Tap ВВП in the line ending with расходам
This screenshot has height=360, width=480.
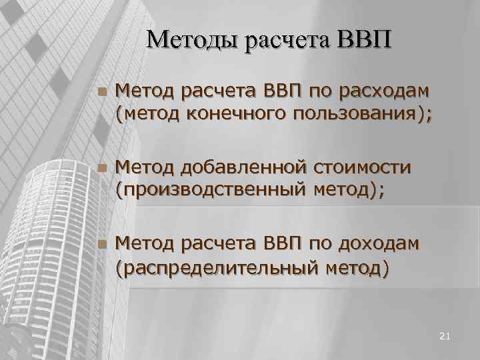[284, 91]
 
